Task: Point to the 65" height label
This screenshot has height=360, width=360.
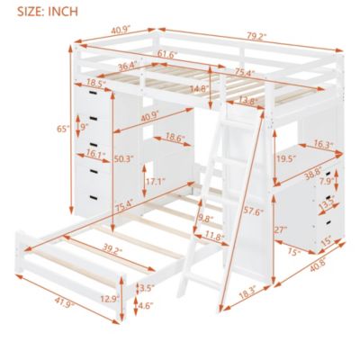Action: [x=61, y=129]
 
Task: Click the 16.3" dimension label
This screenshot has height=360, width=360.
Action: [x=325, y=142]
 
